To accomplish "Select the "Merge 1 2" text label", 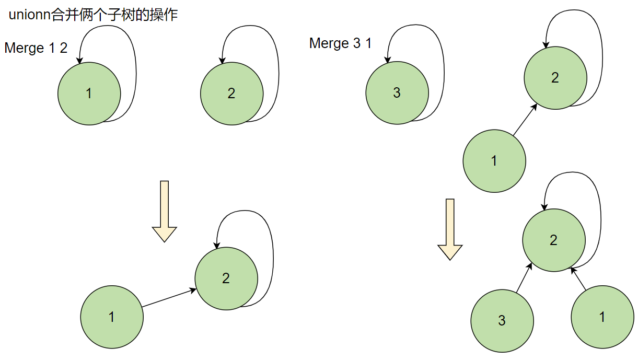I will tap(36, 48).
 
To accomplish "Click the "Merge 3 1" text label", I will tap(341, 43).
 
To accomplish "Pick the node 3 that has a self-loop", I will tap(397, 94).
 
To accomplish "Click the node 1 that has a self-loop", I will tap(89, 94).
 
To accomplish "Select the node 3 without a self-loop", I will tap(502, 321).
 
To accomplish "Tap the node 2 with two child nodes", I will tap(554, 240).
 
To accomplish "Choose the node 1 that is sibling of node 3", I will tap(602, 317).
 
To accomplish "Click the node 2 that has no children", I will tap(231, 94).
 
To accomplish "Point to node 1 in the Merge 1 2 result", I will tap(112, 317).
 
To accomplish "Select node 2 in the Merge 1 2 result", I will tap(226, 278).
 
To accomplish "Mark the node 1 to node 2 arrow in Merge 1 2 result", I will tap(168, 298).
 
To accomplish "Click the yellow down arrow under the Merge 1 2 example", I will tap(165, 211).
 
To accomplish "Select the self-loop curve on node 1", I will tap(134, 63).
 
